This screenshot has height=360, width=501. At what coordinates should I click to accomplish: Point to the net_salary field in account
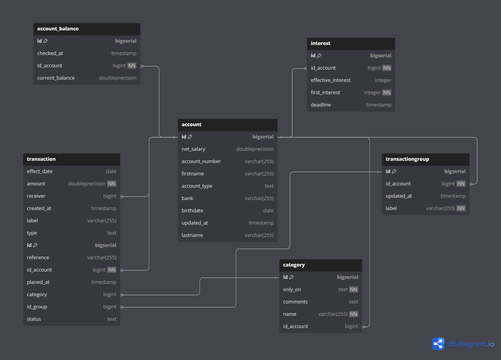[x=193, y=149]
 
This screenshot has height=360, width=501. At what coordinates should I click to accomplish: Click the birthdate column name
[x=192, y=211]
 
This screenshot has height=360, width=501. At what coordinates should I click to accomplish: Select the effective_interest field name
[x=331, y=80]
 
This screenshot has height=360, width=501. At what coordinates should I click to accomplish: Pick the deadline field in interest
[x=321, y=105]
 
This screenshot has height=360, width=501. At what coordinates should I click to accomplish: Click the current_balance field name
[x=56, y=78]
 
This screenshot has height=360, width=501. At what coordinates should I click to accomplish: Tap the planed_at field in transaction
[x=38, y=282]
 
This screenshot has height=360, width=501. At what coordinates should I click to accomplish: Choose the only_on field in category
[x=292, y=290]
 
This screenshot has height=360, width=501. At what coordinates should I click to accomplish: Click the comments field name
[x=295, y=302]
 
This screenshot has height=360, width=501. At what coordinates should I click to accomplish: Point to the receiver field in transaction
[x=36, y=196]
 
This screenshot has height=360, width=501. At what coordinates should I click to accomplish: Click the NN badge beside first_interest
[x=387, y=93]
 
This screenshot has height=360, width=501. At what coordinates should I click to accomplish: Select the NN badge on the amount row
[x=112, y=184]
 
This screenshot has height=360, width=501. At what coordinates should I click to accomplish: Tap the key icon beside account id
[x=190, y=137]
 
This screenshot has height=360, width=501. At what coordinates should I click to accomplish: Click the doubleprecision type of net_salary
[x=255, y=149]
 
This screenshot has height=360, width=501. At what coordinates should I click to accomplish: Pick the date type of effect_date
[x=111, y=172]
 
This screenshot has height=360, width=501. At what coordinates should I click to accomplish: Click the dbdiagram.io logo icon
[x=438, y=343]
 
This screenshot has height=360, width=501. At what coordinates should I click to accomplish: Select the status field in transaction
[x=34, y=319]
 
